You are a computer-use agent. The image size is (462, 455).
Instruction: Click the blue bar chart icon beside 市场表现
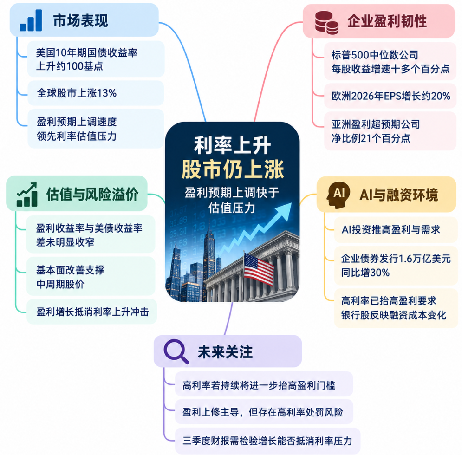31,20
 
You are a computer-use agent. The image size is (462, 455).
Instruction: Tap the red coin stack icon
326,22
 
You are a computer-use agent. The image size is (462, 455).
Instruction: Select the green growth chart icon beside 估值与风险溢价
27,195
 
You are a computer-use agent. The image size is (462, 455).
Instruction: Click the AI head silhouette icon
338,195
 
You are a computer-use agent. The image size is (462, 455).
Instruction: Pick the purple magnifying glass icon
176,351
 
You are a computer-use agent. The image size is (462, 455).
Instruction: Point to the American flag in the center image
259,269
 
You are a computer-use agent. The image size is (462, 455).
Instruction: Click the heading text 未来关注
225,352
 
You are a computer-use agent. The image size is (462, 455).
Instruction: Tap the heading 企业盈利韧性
387,21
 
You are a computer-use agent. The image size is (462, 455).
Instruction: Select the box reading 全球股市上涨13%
96,93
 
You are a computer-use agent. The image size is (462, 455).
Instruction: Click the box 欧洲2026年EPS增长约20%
390,96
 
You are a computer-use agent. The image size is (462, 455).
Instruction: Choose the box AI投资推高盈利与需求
396,229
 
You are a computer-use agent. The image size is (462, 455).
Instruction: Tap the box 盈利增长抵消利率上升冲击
92,312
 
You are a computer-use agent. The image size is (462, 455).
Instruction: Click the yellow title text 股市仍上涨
233,170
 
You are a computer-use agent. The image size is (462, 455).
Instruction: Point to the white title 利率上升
232,146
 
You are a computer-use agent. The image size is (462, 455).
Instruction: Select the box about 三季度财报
267,441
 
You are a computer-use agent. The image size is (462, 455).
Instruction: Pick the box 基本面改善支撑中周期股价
91,276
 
